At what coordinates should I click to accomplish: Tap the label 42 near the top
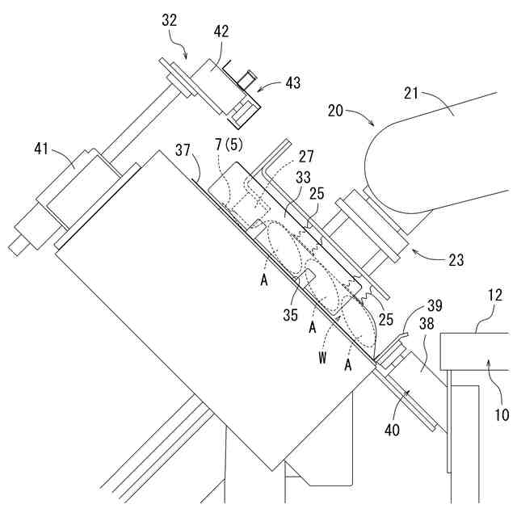pos(221,32)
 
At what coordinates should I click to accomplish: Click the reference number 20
pos(339,109)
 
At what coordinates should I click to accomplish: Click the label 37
pos(183,150)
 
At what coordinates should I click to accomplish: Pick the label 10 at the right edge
pos(502,415)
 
